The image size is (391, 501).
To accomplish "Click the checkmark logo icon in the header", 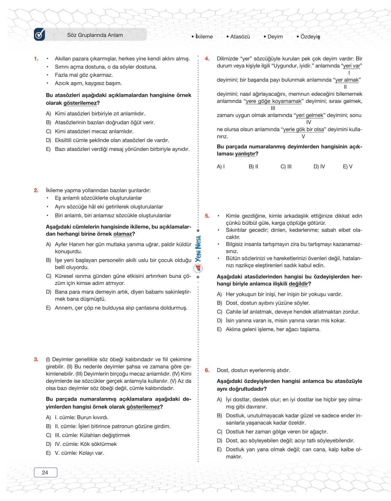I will coord(40,34).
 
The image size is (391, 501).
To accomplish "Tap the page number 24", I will coord(45,473).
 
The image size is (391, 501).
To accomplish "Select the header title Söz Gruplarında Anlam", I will coord(95,35).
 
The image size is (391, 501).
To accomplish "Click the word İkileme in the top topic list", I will coord(204,37).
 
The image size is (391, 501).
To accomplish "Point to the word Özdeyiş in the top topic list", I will coord(310,37).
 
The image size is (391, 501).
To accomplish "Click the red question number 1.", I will coord(36,59).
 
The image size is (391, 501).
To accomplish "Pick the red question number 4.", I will coord(207,59).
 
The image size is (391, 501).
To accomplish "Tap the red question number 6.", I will coord(207,370).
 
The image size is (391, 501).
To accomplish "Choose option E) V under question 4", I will coord(347,167).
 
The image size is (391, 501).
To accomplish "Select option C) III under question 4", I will coord(286,167).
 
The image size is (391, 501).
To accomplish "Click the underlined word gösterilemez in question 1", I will coord(80,103).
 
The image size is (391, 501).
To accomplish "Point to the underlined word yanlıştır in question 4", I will coord(245,154).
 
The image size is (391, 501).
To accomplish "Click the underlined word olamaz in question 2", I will coord(122,234).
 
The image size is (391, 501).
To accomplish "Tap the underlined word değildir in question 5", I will coord(298,284).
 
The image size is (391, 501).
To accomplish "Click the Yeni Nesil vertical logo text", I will coord(198,249).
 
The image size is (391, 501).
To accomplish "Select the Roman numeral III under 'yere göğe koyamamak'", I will coord(273,108).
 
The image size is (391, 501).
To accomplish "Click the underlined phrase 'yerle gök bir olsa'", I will coord(303,129).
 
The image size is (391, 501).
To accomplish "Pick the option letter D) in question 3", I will coord(48,444).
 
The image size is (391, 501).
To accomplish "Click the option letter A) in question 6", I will coord(219,400).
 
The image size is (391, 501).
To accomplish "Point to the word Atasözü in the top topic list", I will coord(240,37).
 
